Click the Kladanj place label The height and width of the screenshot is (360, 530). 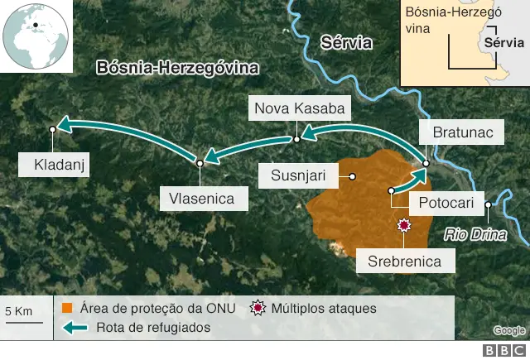pyautogui.click(x=53, y=165)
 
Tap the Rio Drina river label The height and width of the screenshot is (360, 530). pyautogui.click(x=475, y=234)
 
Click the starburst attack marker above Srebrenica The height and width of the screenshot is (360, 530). pyautogui.click(x=404, y=226)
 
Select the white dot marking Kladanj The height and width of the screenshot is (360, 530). pyautogui.click(x=53, y=128)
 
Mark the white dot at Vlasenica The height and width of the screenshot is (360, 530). pyautogui.click(x=200, y=164)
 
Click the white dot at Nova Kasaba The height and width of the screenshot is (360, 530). pyautogui.click(x=296, y=139)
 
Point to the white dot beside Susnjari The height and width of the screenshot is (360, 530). pyautogui.click(x=352, y=175)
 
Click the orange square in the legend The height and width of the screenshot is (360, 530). pyautogui.click(x=68, y=308)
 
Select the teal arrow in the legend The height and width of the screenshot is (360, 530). pyautogui.click(x=76, y=328)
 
